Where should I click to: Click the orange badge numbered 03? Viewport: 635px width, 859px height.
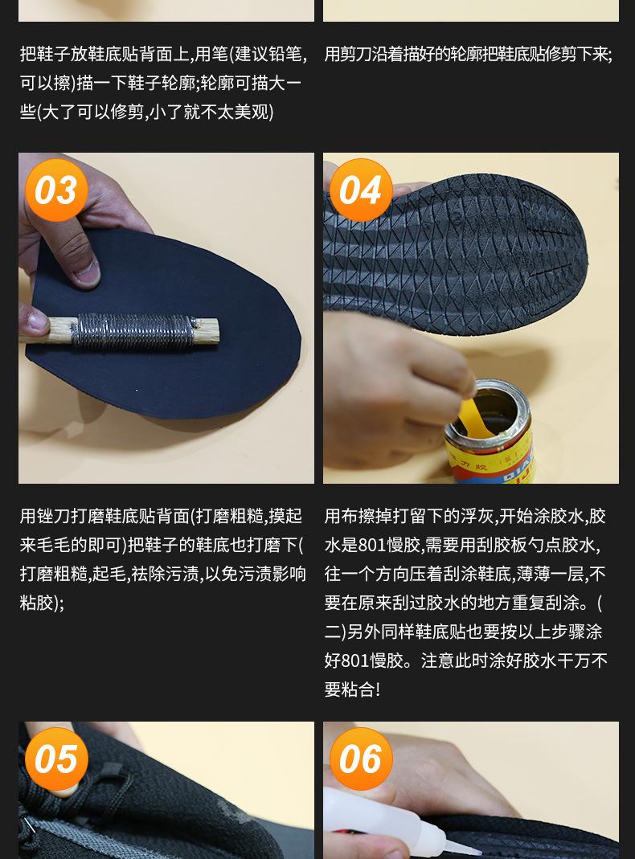56,190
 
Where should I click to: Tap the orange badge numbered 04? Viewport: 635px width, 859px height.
361,190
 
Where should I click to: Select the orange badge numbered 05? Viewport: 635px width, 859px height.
56,759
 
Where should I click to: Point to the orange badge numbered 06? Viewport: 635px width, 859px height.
361,759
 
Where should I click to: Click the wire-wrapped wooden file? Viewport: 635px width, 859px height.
121,331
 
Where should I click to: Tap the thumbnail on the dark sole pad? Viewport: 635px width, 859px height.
87,272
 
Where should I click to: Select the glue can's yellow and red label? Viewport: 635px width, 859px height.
490,460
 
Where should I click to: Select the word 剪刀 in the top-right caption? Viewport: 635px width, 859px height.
354,54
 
